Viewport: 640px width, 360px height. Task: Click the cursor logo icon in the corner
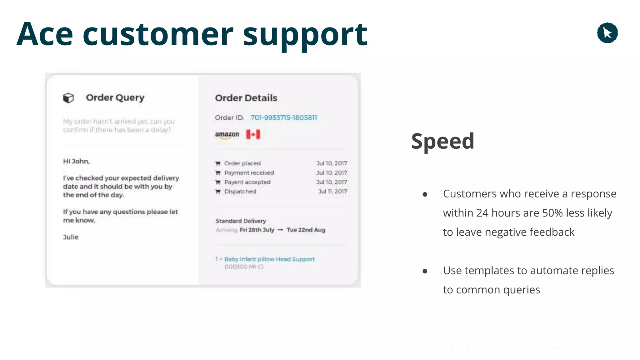pyautogui.click(x=607, y=33)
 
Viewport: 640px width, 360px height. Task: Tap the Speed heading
pyautogui.click(x=442, y=141)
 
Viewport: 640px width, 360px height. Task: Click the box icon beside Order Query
pyautogui.click(x=68, y=98)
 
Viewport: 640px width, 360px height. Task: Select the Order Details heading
pyautogui.click(x=246, y=98)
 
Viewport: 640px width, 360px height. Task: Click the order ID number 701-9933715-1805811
pyautogui.click(x=283, y=117)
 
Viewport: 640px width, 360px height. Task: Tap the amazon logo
pyautogui.click(x=227, y=135)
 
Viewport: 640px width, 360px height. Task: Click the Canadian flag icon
pyautogui.click(x=253, y=134)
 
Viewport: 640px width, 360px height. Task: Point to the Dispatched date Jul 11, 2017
pyautogui.click(x=332, y=191)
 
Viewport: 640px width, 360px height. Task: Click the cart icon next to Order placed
pyautogui.click(x=218, y=163)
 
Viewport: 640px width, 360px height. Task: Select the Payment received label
pyautogui.click(x=249, y=173)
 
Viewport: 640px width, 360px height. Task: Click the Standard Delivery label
pyautogui.click(x=241, y=221)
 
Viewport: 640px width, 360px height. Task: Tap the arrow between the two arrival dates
pyautogui.click(x=280, y=230)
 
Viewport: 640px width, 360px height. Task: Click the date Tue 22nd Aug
pyautogui.click(x=306, y=230)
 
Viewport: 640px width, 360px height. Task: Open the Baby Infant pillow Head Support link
pyautogui.click(x=269, y=259)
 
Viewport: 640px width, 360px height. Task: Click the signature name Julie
pyautogui.click(x=71, y=237)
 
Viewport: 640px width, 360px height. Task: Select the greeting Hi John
pyautogui.click(x=76, y=161)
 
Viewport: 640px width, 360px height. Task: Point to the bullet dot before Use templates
pyautogui.click(x=425, y=271)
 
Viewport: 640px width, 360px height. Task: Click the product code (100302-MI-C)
pyautogui.click(x=244, y=267)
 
